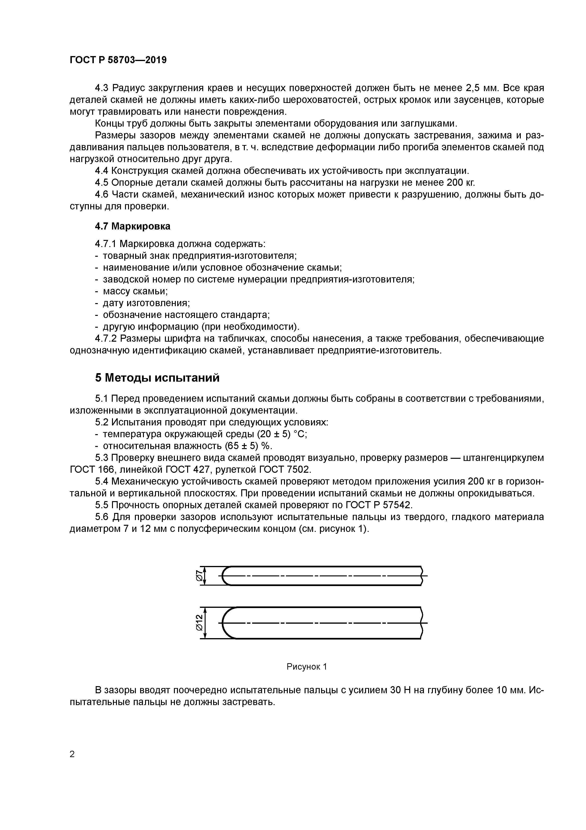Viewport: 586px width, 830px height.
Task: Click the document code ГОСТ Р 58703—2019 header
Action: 118,60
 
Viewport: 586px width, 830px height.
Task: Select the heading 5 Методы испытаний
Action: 157,378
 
